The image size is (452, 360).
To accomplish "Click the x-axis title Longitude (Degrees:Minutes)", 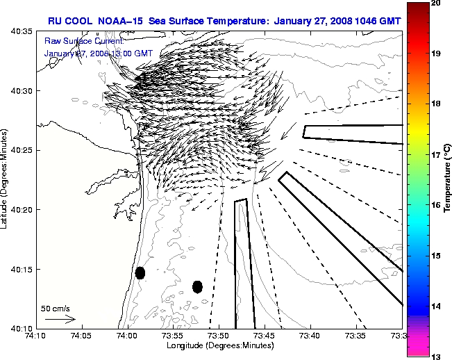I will tap(219, 345).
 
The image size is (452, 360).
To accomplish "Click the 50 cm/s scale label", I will tap(56, 308).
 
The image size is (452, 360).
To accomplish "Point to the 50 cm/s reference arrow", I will tap(60, 319).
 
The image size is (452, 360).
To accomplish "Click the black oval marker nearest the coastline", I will tap(140, 272).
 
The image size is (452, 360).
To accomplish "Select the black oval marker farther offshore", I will tap(197, 286).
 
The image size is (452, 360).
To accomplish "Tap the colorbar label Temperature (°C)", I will tap(447, 179).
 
